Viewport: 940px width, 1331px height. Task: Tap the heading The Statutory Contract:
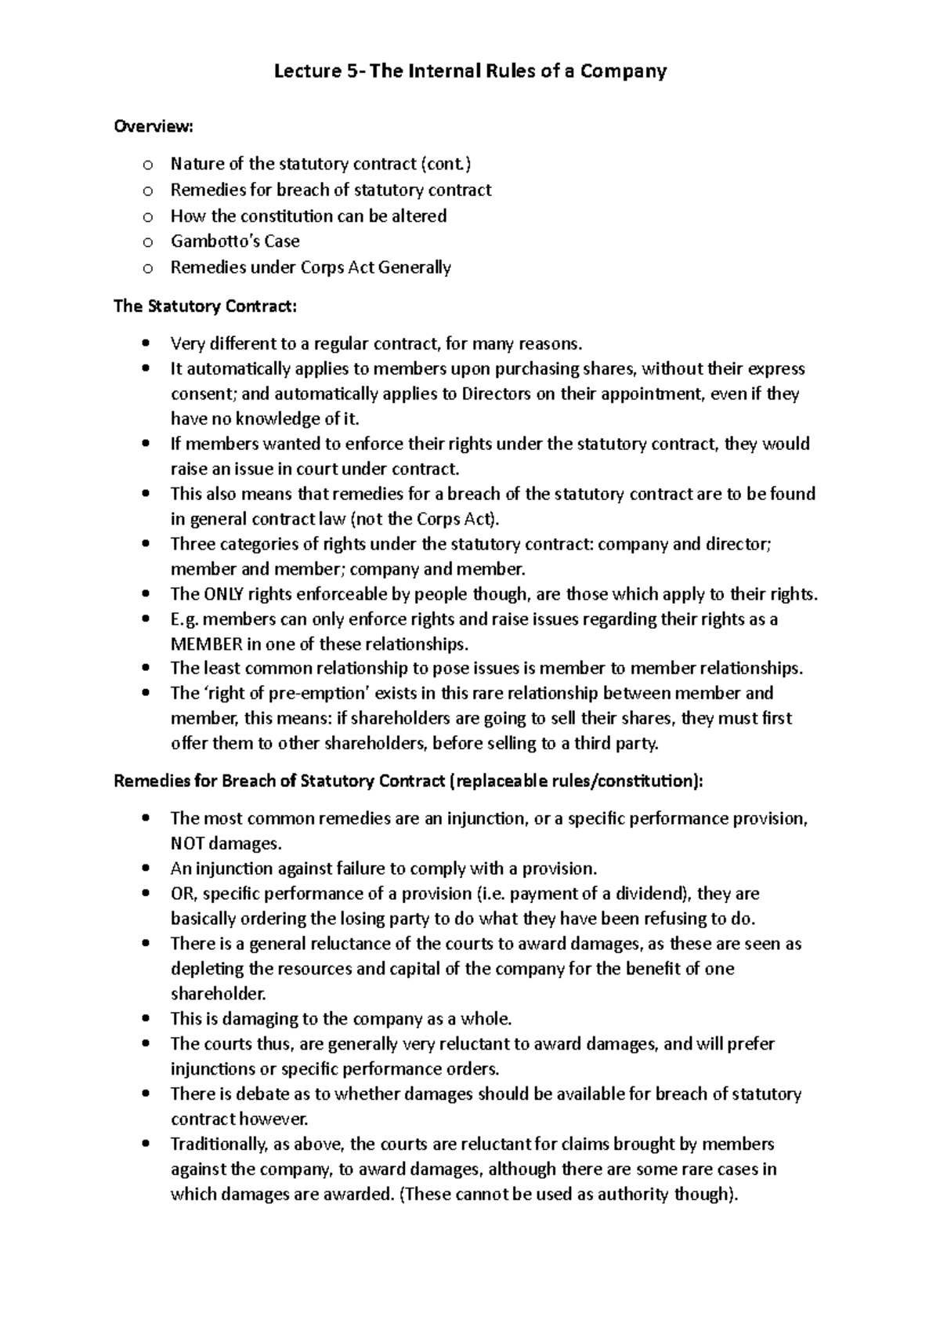point(205,306)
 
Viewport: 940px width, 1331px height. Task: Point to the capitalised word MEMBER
point(206,644)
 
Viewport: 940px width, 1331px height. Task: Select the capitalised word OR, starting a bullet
point(183,894)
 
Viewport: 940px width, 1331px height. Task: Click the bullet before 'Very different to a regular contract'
point(146,343)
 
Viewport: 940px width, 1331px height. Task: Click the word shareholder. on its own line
point(219,993)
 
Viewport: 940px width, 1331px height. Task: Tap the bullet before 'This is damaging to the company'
point(146,1019)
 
